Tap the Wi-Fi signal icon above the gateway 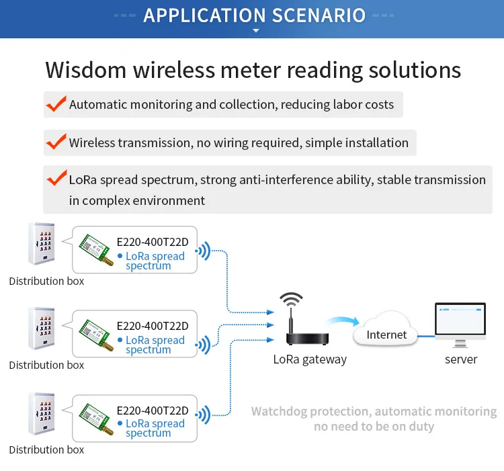tap(292, 299)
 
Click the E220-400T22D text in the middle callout tap(153, 326)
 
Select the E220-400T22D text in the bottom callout tap(153, 410)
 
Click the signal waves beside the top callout tap(204, 252)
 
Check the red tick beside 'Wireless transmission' tap(55, 142)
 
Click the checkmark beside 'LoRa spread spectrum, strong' tap(55, 179)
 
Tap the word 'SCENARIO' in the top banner tap(311, 15)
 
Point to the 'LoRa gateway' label tap(310, 359)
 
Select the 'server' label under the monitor tap(461, 359)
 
